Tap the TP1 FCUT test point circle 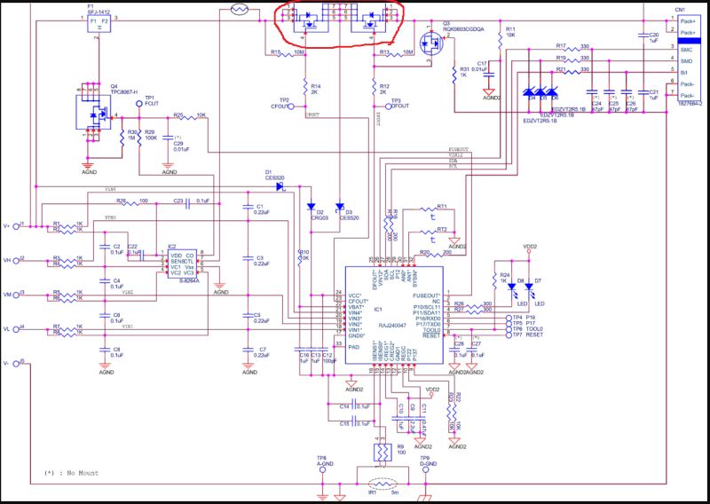pos(138,105)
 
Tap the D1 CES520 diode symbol pos(280,186)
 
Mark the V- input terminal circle pos(22,362)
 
